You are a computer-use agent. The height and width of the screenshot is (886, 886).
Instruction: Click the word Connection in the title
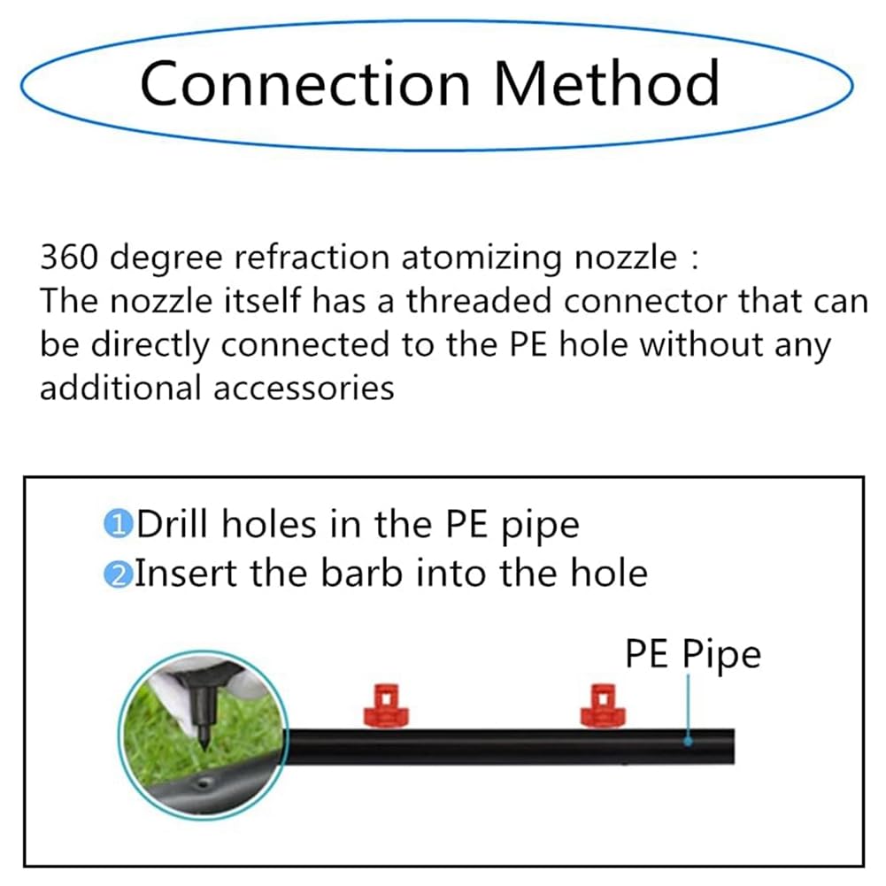[x=305, y=83]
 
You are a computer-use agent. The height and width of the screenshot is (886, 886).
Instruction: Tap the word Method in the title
[x=606, y=82]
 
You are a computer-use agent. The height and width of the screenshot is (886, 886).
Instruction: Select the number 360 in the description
[x=69, y=257]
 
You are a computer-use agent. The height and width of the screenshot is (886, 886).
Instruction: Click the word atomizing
[x=482, y=258]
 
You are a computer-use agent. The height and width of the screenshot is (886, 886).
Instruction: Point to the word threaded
[x=479, y=300]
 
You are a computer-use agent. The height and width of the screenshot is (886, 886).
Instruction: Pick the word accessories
[x=304, y=389]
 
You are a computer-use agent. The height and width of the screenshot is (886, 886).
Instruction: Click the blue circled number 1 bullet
[x=118, y=524]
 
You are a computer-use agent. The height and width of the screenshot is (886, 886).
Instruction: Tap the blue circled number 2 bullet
[x=118, y=574]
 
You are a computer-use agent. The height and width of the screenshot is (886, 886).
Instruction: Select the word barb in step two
[x=362, y=573]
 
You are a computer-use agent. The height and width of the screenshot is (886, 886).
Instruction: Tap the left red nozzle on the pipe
[x=386, y=705]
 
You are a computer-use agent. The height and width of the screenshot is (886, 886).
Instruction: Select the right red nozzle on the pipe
[x=603, y=705]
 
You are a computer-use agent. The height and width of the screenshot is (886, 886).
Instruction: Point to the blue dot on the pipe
[x=688, y=741]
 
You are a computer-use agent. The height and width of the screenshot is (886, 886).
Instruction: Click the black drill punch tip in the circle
[x=204, y=744]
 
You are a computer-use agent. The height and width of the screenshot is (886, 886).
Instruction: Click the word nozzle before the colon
[x=626, y=258]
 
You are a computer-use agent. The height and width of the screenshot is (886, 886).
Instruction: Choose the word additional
[x=120, y=389]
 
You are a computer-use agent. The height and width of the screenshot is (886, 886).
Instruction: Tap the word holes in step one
[x=269, y=523]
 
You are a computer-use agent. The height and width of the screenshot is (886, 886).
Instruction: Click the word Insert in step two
[x=186, y=573]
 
